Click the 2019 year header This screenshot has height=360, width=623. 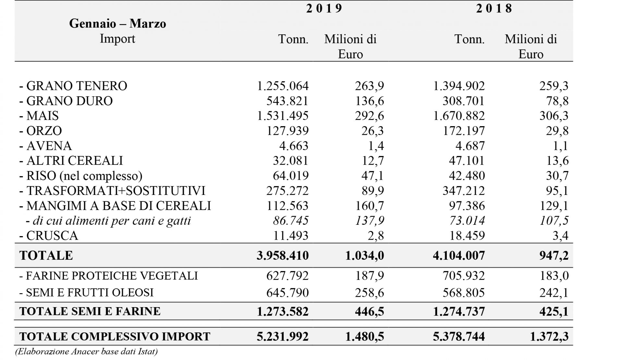tap(324, 8)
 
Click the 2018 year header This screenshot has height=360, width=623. tap(494, 8)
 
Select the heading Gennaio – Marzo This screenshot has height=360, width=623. tap(117, 23)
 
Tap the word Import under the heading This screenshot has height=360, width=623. tap(117, 39)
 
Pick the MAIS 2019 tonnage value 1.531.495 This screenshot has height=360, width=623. tap(283, 116)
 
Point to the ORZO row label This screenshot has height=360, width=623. tap(41, 131)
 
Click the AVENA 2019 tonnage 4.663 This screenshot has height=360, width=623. tap(294, 146)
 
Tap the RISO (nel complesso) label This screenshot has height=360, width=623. tap(81, 176)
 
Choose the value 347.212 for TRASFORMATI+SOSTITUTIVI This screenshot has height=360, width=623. tap(464, 191)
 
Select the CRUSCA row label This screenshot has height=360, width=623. tap(49, 235)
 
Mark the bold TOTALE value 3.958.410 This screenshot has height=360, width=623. tap(283, 256)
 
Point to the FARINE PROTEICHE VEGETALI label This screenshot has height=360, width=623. tap(108, 276)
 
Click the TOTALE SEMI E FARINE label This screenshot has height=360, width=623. tap(90, 311)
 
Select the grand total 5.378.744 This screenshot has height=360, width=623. tap(459, 336)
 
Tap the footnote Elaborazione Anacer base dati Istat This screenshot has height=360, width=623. tap(87, 352)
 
